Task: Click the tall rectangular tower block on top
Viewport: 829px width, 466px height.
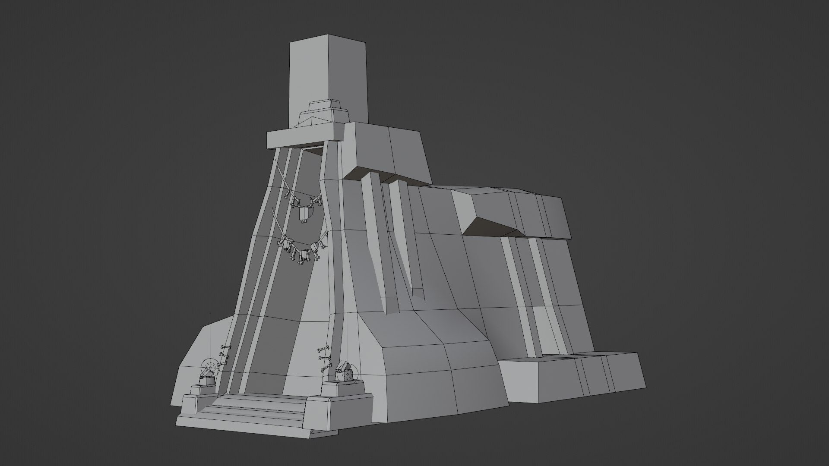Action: click(328, 73)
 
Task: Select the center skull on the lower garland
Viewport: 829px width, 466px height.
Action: click(304, 255)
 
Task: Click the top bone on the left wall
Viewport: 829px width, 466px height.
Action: click(225, 347)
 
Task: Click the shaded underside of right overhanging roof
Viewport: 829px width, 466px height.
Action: click(484, 227)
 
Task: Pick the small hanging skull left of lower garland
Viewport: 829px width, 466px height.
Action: click(286, 246)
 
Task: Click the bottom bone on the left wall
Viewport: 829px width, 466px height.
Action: click(222, 365)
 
